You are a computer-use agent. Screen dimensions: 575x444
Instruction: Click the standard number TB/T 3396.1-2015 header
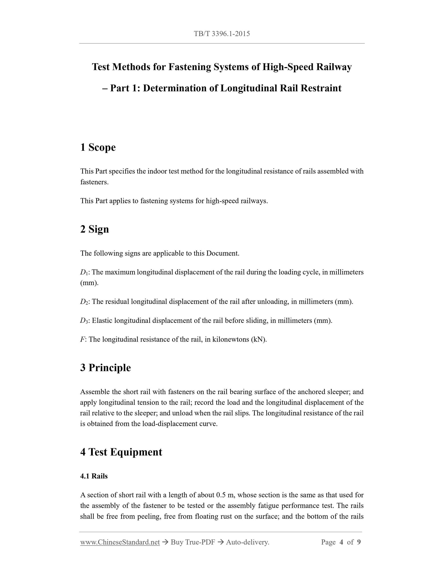pos(222,34)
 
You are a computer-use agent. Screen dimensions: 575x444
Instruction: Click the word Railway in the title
pos(334,67)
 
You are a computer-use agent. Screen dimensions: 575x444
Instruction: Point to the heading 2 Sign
pos(94,229)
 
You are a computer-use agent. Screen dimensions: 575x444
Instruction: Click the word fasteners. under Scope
pos(94,182)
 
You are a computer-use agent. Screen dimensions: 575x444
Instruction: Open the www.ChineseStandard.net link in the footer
pos(120,542)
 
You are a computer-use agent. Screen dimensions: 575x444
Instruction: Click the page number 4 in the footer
pos(341,542)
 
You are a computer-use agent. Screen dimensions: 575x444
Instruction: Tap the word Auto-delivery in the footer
pos(247,542)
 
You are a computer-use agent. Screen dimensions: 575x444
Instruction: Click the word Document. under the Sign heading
pos(222,253)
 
